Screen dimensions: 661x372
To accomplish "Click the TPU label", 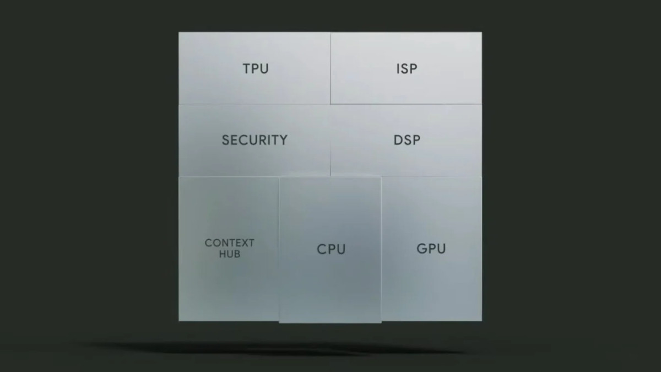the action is coord(256,69).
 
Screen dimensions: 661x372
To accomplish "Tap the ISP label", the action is coord(407,69).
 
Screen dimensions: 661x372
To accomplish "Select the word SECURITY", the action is coord(254,140).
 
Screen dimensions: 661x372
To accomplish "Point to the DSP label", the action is coord(407,140).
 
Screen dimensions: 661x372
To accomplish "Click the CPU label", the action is coord(331,249).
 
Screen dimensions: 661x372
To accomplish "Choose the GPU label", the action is coord(431,249).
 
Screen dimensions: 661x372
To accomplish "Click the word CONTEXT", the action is coord(229,243).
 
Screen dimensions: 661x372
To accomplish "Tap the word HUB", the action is coord(230,254).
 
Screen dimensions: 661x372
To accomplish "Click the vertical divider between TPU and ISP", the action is coord(330,68).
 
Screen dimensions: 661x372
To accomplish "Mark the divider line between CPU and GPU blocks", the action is coord(381,250).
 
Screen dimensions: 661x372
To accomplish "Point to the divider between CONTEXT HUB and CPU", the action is coord(279,250).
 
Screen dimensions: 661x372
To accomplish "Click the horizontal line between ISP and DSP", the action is coord(407,104).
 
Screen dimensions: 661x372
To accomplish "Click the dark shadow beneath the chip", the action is coord(278,348).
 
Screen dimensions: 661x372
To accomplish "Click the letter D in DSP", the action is coord(398,140).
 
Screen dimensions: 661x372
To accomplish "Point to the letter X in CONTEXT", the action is coord(245,243).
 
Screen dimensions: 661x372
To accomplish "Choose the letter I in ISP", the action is coord(398,69).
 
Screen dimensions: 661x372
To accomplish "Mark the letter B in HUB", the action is coord(237,254).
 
